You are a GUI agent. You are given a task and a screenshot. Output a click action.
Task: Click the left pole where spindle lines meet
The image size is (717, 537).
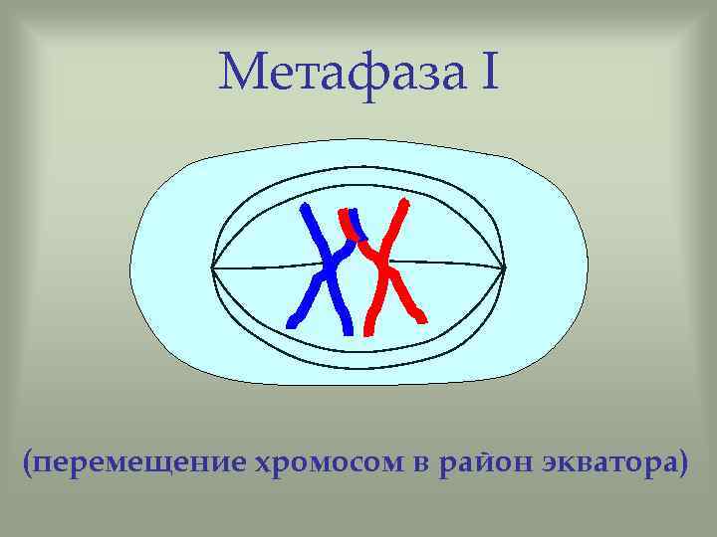212,268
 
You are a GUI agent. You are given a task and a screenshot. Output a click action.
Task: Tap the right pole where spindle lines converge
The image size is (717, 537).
504,268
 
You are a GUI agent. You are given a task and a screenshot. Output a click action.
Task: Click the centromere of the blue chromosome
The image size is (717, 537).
330,267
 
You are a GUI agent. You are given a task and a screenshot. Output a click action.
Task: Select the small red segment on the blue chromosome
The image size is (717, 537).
349,221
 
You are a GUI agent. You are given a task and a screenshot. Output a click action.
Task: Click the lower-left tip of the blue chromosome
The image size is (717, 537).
291,322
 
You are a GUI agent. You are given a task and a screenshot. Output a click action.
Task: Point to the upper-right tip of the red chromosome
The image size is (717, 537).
404,203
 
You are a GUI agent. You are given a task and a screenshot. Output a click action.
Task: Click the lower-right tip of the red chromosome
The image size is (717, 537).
422,317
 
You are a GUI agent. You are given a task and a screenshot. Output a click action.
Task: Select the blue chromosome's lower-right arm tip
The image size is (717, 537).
347,327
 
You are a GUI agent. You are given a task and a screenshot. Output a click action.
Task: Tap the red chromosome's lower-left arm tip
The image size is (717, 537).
368,327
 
